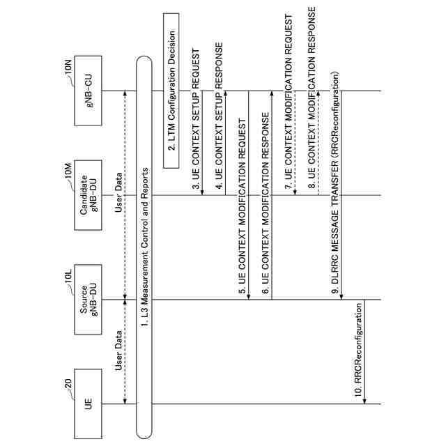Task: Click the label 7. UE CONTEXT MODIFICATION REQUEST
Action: (288, 101)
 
